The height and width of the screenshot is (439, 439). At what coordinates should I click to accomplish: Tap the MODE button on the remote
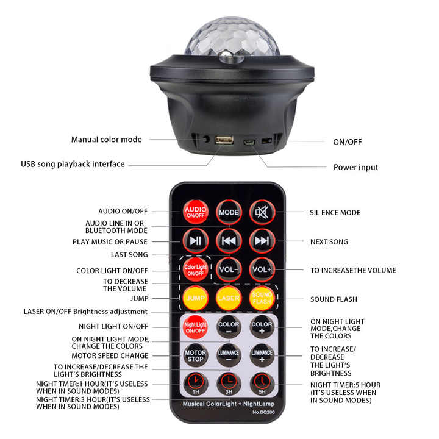[x=229, y=212]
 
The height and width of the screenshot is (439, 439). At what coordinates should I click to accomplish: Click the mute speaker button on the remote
[x=262, y=212]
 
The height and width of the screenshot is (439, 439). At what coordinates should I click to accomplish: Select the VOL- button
[x=229, y=269]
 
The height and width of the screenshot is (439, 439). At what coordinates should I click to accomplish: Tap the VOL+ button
[x=262, y=269]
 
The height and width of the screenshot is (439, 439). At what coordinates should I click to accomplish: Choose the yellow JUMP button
[x=195, y=298]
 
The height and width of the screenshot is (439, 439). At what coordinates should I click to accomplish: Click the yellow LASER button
[x=229, y=298]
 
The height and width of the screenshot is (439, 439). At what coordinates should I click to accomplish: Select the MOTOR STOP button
[x=195, y=355]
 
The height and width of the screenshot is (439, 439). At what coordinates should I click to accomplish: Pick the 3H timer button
[x=229, y=383]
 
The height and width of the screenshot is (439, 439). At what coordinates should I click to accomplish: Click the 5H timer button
[x=262, y=383]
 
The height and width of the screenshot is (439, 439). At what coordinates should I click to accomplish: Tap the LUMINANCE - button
[x=229, y=355]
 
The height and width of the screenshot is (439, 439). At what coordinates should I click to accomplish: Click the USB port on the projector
[x=224, y=141]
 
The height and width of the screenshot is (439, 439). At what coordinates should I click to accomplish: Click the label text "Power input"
[x=355, y=168]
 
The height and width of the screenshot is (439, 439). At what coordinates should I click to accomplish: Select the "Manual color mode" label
[x=106, y=140]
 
